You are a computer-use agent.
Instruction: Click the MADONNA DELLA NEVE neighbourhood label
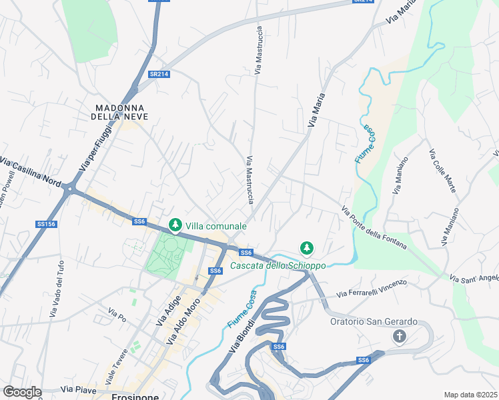tap(121, 111)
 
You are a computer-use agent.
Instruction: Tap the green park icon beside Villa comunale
tap(175, 225)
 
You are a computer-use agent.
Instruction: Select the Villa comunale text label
tap(216, 226)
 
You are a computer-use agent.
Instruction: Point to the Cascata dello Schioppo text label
tap(278, 265)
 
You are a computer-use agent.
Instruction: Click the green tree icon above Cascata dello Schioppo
tap(306, 248)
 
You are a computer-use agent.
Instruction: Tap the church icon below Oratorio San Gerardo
tap(400, 336)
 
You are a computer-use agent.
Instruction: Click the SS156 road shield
tap(46, 225)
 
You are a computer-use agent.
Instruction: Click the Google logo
tap(22, 392)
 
